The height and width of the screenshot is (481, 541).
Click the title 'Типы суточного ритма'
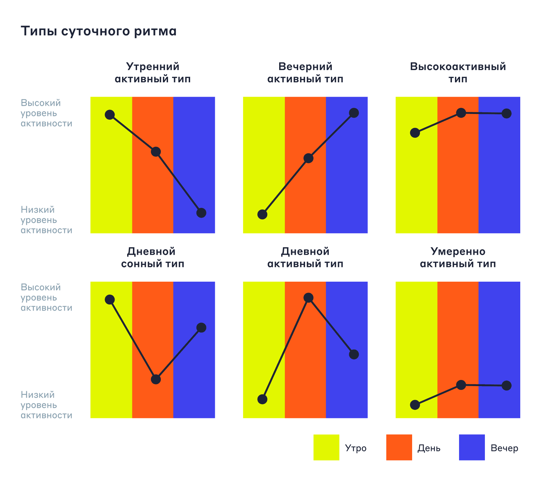pyautogui.click(x=99, y=31)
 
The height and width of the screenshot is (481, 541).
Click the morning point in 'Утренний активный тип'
pyautogui.click(x=109, y=115)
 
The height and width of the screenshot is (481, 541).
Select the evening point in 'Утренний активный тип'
pyautogui.click(x=201, y=213)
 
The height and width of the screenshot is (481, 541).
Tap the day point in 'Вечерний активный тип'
pyautogui.click(x=308, y=158)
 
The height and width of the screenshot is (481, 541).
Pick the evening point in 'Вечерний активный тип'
pyautogui.click(x=354, y=113)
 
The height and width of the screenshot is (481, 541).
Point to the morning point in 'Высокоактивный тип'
pyautogui.click(x=415, y=133)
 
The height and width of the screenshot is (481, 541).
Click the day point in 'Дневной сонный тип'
pyautogui.click(x=156, y=379)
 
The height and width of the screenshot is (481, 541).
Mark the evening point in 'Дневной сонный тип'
pyautogui.click(x=201, y=328)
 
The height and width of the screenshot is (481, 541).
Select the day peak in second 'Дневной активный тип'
pyautogui.click(x=308, y=298)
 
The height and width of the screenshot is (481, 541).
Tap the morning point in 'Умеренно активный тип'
pyautogui.click(x=415, y=405)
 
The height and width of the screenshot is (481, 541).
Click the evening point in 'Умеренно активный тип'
pyautogui.click(x=507, y=386)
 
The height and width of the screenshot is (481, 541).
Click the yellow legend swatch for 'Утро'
pyautogui.click(x=326, y=447)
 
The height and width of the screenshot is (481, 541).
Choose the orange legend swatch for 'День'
pyautogui.click(x=399, y=447)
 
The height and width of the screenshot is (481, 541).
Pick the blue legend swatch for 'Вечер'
pyautogui.click(x=472, y=447)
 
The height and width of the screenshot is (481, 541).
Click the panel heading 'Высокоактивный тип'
pyautogui.click(x=458, y=73)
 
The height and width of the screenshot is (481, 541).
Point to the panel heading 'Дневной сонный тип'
pyautogui.click(x=153, y=258)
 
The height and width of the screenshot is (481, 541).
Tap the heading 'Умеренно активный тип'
pyautogui.click(x=458, y=258)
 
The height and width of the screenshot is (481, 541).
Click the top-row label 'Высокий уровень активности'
pyautogui.click(x=47, y=113)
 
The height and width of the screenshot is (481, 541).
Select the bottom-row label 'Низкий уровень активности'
pyautogui.click(x=47, y=405)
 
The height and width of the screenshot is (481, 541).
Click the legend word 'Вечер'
pyautogui.click(x=504, y=448)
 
